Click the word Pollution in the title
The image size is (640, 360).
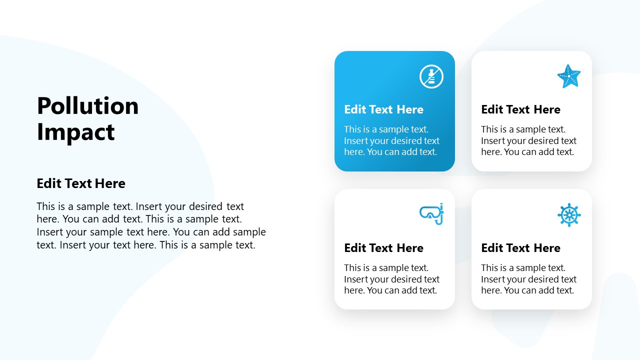point(87,106)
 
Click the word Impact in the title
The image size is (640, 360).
point(75,132)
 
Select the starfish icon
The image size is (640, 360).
point(569,76)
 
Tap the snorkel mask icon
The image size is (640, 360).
point(431,214)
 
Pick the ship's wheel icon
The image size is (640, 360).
point(569,215)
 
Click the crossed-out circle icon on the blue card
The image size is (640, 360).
point(431,76)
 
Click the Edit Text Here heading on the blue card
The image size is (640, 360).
point(383,109)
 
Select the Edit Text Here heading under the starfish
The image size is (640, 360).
point(520,109)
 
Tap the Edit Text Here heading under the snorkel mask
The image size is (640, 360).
point(383,248)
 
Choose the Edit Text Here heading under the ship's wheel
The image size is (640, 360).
point(520,248)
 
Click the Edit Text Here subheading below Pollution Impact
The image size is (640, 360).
point(81,183)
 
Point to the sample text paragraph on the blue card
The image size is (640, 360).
point(391,140)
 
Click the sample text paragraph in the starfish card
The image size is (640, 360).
point(528,140)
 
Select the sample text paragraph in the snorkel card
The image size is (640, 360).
point(391,279)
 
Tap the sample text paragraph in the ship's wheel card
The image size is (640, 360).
point(528,279)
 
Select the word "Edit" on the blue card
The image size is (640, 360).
point(355,109)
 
